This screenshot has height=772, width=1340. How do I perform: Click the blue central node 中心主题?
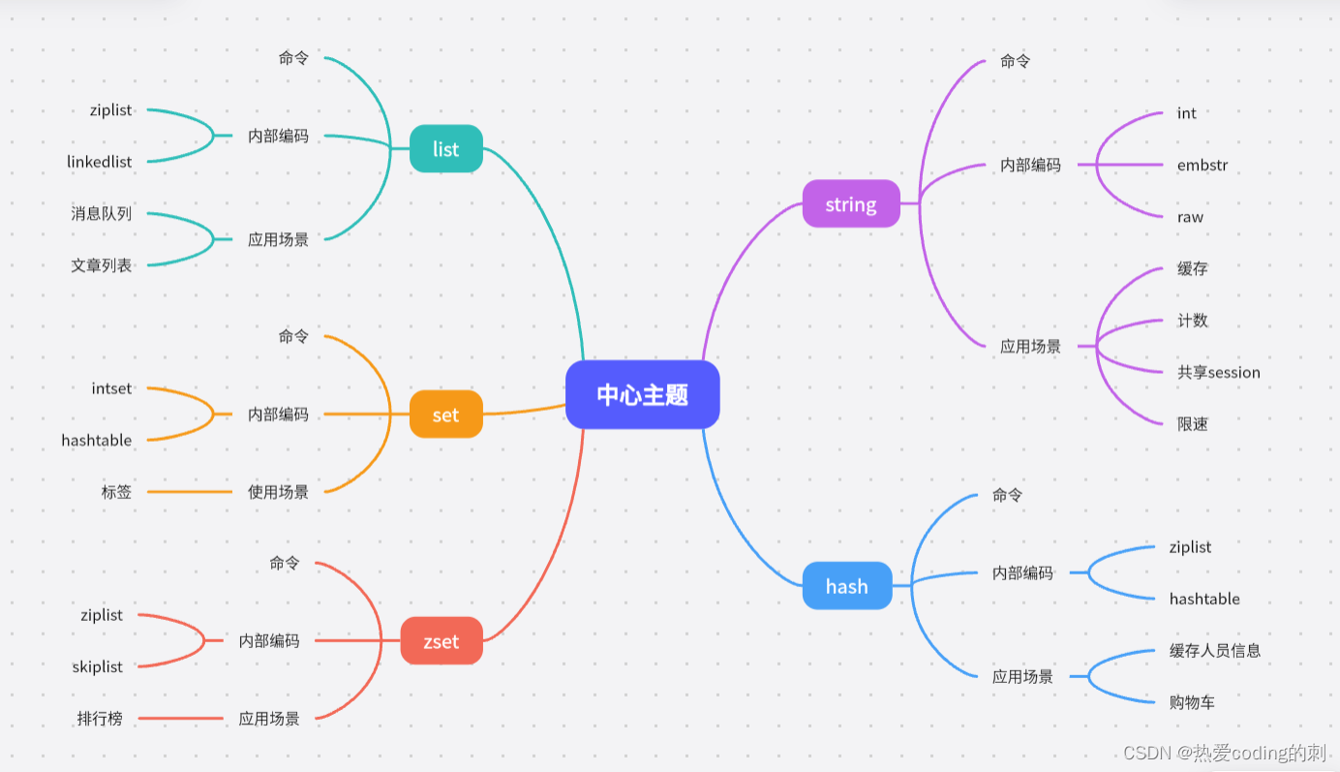642,394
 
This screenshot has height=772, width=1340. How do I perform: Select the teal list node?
445,149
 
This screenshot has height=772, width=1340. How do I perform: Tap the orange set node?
445,415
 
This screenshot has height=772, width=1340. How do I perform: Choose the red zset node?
441,641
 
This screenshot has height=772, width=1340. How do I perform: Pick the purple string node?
851,204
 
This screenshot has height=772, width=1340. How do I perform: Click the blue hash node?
846,586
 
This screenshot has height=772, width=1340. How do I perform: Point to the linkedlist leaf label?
100,162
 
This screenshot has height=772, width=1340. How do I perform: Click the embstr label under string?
1203,165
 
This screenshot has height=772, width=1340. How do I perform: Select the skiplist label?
98,666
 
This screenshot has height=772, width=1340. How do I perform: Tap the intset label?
111,388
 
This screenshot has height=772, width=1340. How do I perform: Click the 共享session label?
1219,372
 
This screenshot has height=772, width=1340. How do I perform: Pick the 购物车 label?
1192,702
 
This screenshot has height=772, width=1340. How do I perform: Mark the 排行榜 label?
100,719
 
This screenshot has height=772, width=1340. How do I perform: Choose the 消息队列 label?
101,213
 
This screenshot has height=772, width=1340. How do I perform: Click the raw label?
1190,217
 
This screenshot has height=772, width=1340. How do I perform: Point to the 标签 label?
116,492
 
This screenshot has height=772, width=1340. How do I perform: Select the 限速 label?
1193,424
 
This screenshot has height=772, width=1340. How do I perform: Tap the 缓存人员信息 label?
1215,651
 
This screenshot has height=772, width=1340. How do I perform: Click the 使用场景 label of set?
278,492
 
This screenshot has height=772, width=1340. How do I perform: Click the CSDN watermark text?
1224,753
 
